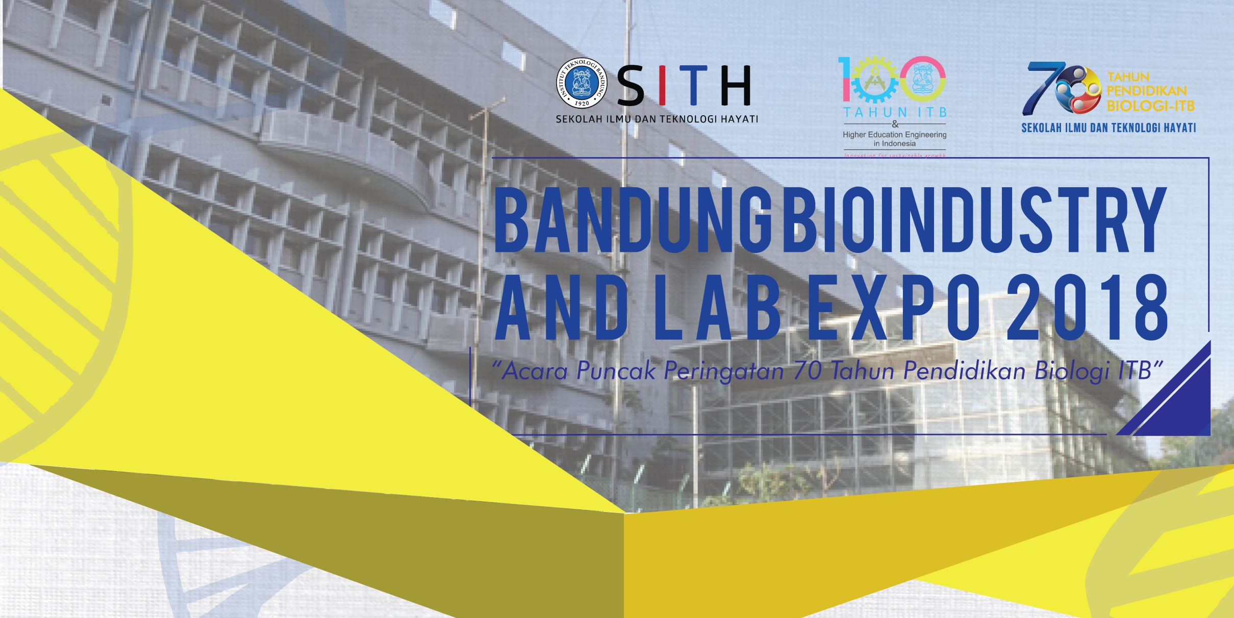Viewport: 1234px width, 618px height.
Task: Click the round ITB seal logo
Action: [x=582, y=83]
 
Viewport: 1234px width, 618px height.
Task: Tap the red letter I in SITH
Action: [x=662, y=85]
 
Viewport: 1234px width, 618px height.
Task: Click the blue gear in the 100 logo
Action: [x=873, y=82]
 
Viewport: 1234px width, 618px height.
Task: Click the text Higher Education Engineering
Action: [x=894, y=135]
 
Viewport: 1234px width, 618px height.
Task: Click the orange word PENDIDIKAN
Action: [x=1147, y=91]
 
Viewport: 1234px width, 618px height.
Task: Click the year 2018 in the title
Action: [x=1087, y=308]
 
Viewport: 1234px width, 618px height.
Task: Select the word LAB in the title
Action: [x=717, y=308]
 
